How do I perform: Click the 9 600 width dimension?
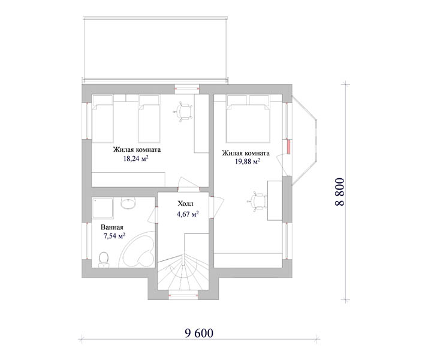click(199, 333)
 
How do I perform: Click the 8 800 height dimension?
click(340, 192)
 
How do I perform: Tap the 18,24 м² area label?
click(135, 158)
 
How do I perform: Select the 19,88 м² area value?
click(248, 161)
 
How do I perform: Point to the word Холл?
click(185, 203)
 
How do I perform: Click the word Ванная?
click(112, 227)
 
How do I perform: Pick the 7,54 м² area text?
click(114, 236)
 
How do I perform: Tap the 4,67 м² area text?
click(188, 214)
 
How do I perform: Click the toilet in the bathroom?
click(104, 259)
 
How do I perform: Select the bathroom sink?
click(128, 203)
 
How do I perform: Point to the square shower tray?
click(103, 208)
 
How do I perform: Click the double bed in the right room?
click(248, 119)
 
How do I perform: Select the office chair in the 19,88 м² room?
click(257, 202)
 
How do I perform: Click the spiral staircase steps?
click(183, 272)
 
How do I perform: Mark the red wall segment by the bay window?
click(288, 146)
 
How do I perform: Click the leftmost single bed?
click(103, 119)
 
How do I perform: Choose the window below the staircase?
click(183, 295)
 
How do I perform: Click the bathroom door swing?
click(152, 215)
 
